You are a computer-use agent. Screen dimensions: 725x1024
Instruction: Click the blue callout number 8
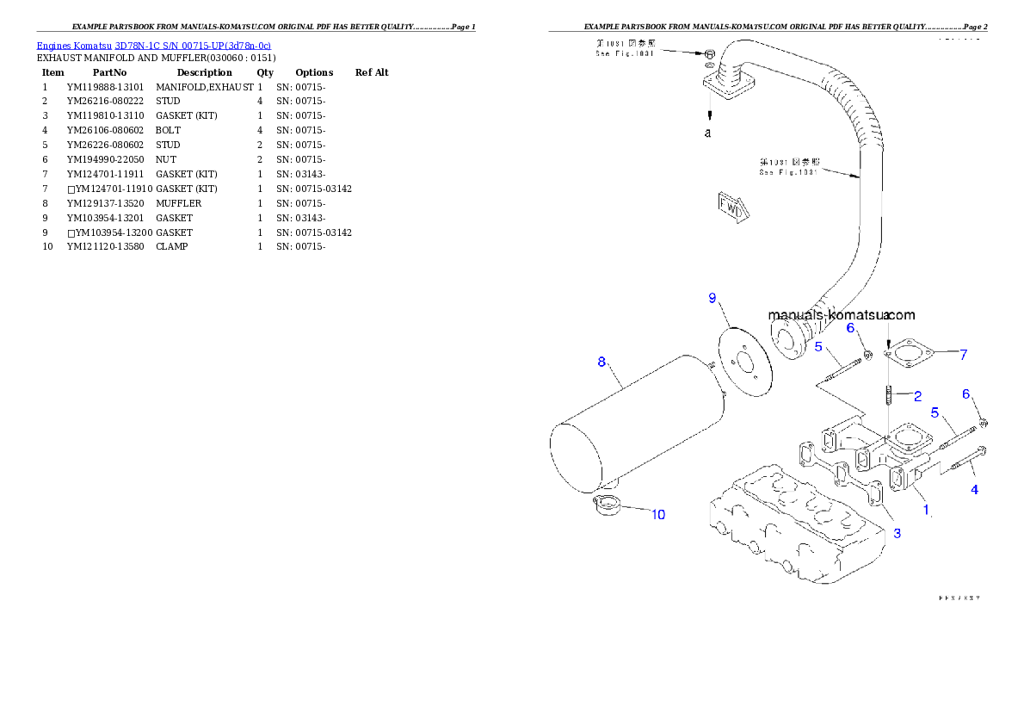(601, 362)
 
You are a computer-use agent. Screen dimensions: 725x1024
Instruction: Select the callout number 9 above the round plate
(712, 298)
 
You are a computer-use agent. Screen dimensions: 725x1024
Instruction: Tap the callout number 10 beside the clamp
(657, 515)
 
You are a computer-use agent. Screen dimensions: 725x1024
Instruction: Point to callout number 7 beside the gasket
(964, 354)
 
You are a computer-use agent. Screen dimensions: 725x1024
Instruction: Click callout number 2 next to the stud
(917, 396)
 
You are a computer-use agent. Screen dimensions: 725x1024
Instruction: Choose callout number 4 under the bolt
(974, 490)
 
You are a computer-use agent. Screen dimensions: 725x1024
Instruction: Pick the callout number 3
(897, 533)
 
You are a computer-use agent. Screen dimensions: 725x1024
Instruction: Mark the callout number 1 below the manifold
(926, 510)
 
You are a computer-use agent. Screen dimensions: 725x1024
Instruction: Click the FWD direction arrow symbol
(732, 208)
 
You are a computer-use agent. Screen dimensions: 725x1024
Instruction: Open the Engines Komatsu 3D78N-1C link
(153, 46)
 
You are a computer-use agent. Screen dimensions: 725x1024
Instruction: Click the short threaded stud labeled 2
(887, 397)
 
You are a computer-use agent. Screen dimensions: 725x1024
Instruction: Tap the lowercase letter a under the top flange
(707, 133)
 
